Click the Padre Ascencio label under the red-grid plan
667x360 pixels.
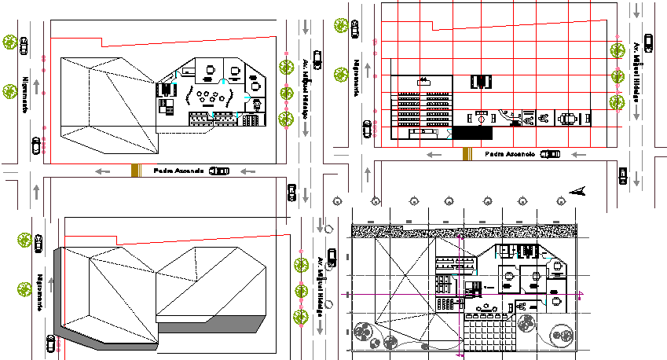click(x=509, y=155)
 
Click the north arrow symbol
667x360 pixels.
click(x=577, y=190)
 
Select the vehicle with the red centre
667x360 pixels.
click(x=478, y=119)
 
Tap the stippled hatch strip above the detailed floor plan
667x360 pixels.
click(x=464, y=230)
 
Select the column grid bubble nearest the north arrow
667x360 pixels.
click(x=559, y=201)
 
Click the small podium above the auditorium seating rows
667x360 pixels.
click(x=423, y=79)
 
